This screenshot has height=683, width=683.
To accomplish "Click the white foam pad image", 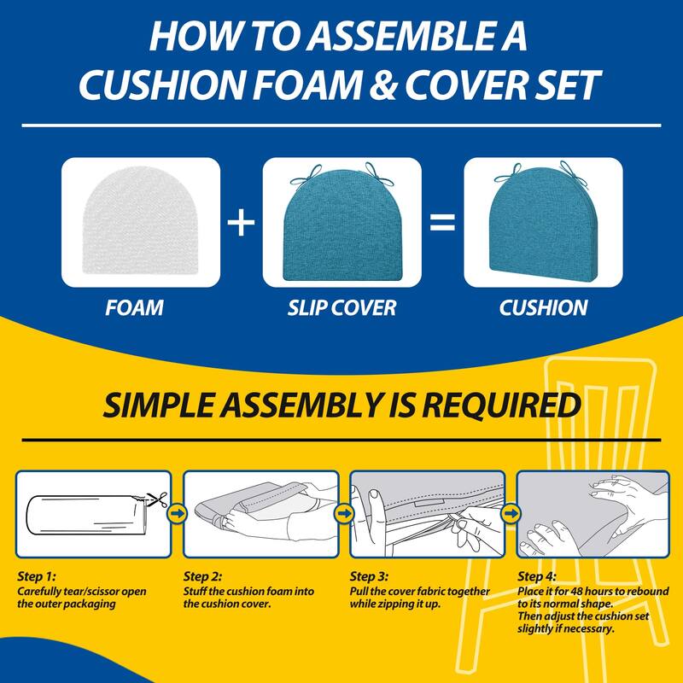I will click(141, 224).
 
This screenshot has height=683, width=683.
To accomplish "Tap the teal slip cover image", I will click(342, 224).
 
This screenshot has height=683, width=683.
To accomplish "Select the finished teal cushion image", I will click(543, 224).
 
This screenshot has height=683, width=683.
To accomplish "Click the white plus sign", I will click(242, 224).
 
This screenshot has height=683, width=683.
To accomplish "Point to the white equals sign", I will click(442, 224).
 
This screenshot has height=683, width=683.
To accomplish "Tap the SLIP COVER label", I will click(342, 307).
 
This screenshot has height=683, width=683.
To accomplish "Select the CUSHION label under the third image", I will click(543, 307).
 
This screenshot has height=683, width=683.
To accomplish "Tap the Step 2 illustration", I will click(259, 513).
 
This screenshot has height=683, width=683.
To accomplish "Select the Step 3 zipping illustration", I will click(424, 513).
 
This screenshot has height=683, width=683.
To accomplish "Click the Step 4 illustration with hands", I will click(592, 513).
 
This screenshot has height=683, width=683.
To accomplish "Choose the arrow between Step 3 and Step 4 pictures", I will click(511, 513).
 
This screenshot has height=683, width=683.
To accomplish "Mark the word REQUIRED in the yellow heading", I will click(496, 406).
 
